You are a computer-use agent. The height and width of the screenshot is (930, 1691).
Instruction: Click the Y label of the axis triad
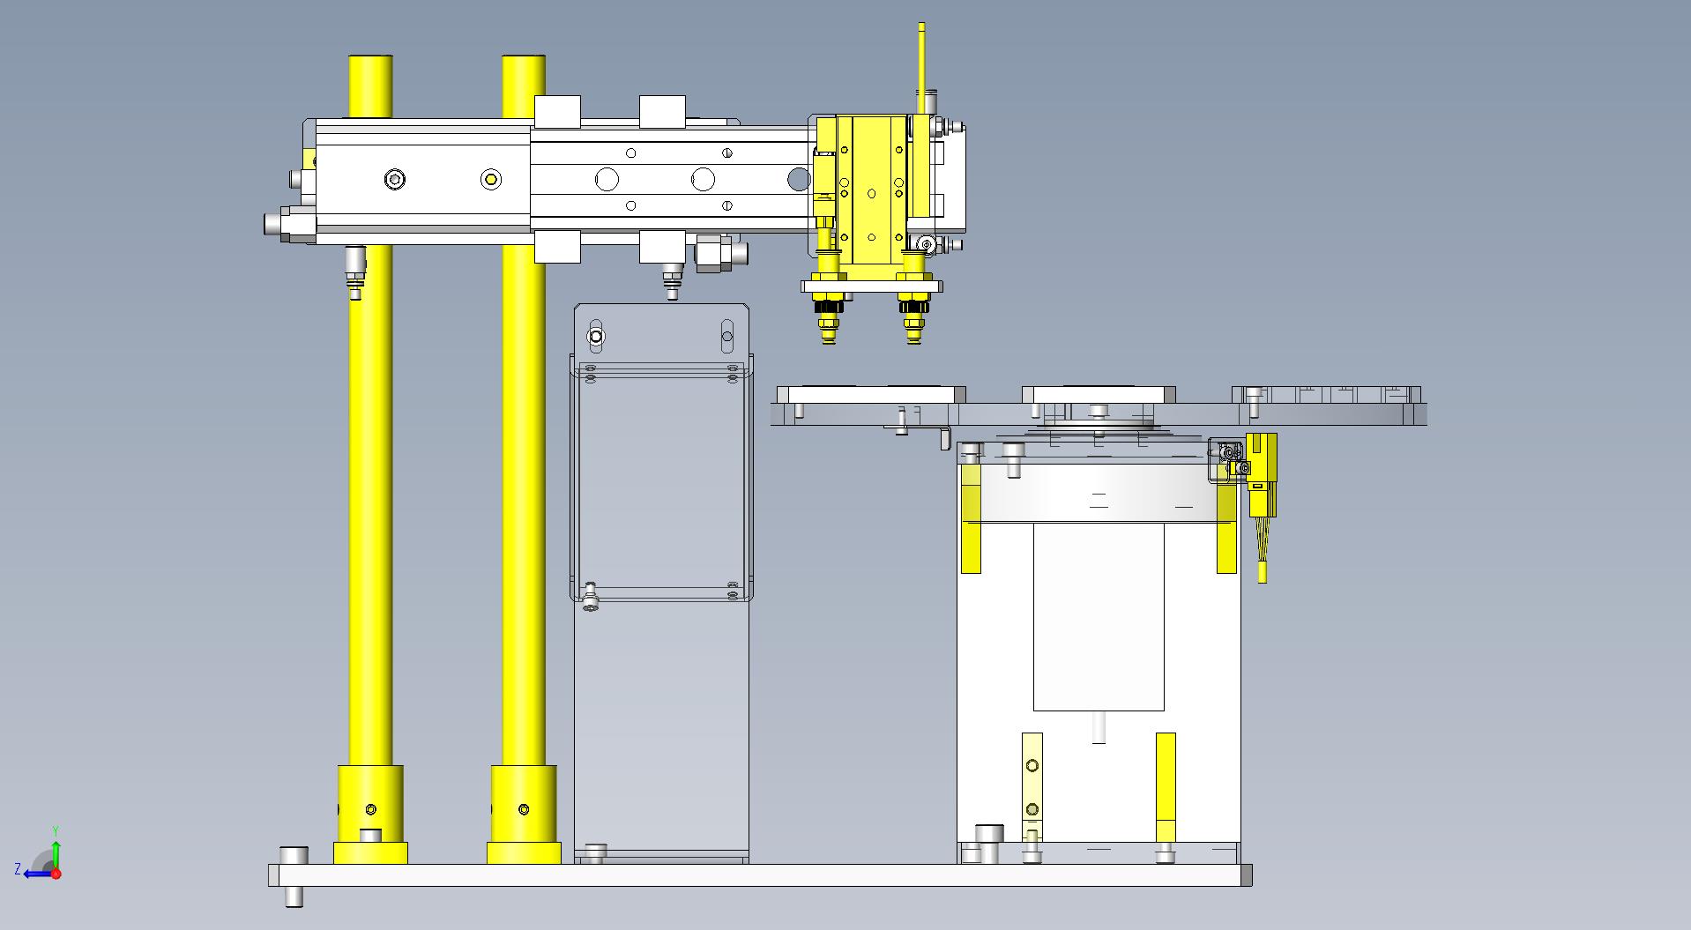55,831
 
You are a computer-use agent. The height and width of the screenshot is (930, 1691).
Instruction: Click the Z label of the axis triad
18,869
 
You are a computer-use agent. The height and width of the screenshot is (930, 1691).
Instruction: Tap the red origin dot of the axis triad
56,874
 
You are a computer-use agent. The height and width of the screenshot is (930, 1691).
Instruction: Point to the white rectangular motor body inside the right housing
1099,616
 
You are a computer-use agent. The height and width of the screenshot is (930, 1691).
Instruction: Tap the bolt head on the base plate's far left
294,856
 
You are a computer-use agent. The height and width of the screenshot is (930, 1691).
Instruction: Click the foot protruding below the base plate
294,896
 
